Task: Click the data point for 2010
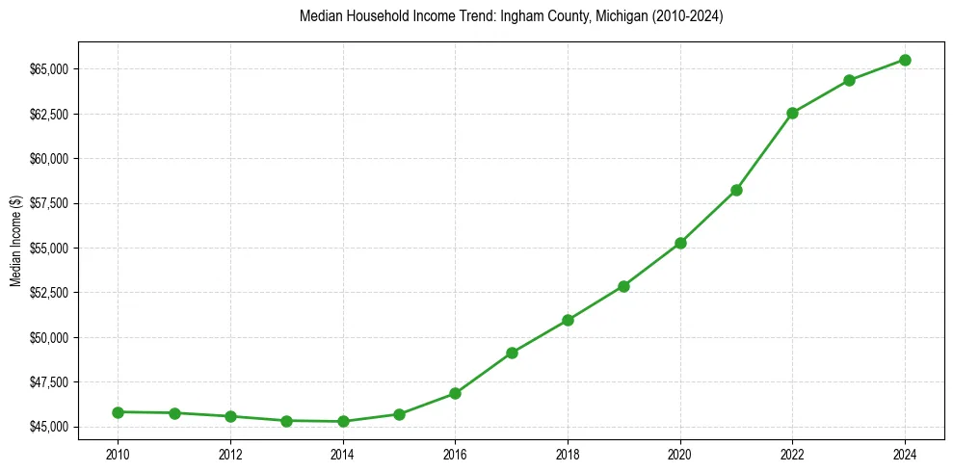click(118, 412)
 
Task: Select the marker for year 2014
click(343, 421)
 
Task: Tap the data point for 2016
click(455, 393)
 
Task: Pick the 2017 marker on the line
click(512, 353)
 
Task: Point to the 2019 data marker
click(623, 286)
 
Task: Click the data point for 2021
click(736, 190)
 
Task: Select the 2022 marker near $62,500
click(792, 113)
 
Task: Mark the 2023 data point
click(849, 80)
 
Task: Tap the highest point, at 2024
click(905, 60)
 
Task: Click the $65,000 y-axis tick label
click(49, 69)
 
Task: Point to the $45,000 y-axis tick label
click(49, 427)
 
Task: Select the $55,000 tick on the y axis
click(49, 248)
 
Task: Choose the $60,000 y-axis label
click(49, 159)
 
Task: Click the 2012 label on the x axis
click(230, 453)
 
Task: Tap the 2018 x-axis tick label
click(568, 453)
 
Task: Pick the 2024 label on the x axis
click(905, 453)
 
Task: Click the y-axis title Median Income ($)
click(14, 241)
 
